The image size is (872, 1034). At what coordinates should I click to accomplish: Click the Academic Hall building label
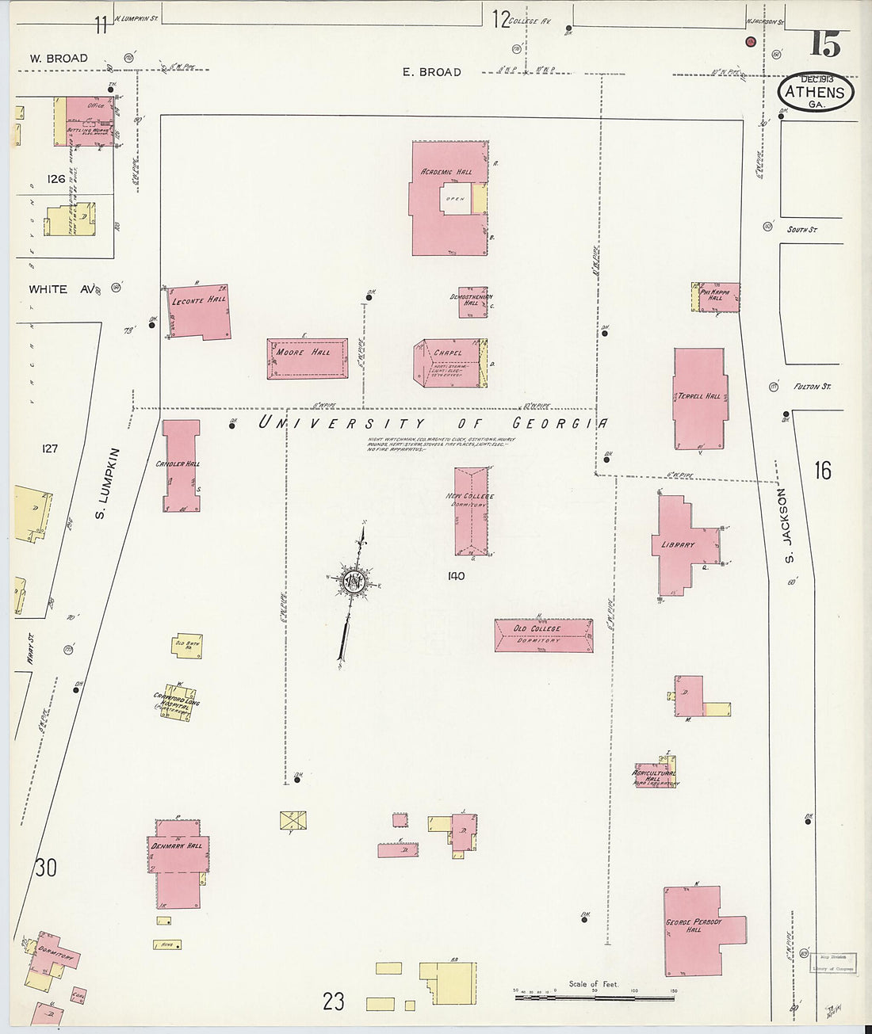click(x=446, y=172)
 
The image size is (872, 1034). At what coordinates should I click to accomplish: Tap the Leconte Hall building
click(x=200, y=311)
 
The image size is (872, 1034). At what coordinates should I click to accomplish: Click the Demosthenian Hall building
click(x=472, y=302)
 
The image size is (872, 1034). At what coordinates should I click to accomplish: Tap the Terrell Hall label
click(x=699, y=396)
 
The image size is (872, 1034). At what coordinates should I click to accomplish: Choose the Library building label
click(x=678, y=545)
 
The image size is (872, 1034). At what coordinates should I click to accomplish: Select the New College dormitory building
click(x=471, y=511)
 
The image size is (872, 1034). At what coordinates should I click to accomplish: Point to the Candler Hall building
click(x=182, y=465)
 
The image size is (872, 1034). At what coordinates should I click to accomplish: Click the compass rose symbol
click(x=352, y=583)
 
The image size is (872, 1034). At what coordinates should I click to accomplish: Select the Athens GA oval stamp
click(x=816, y=92)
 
